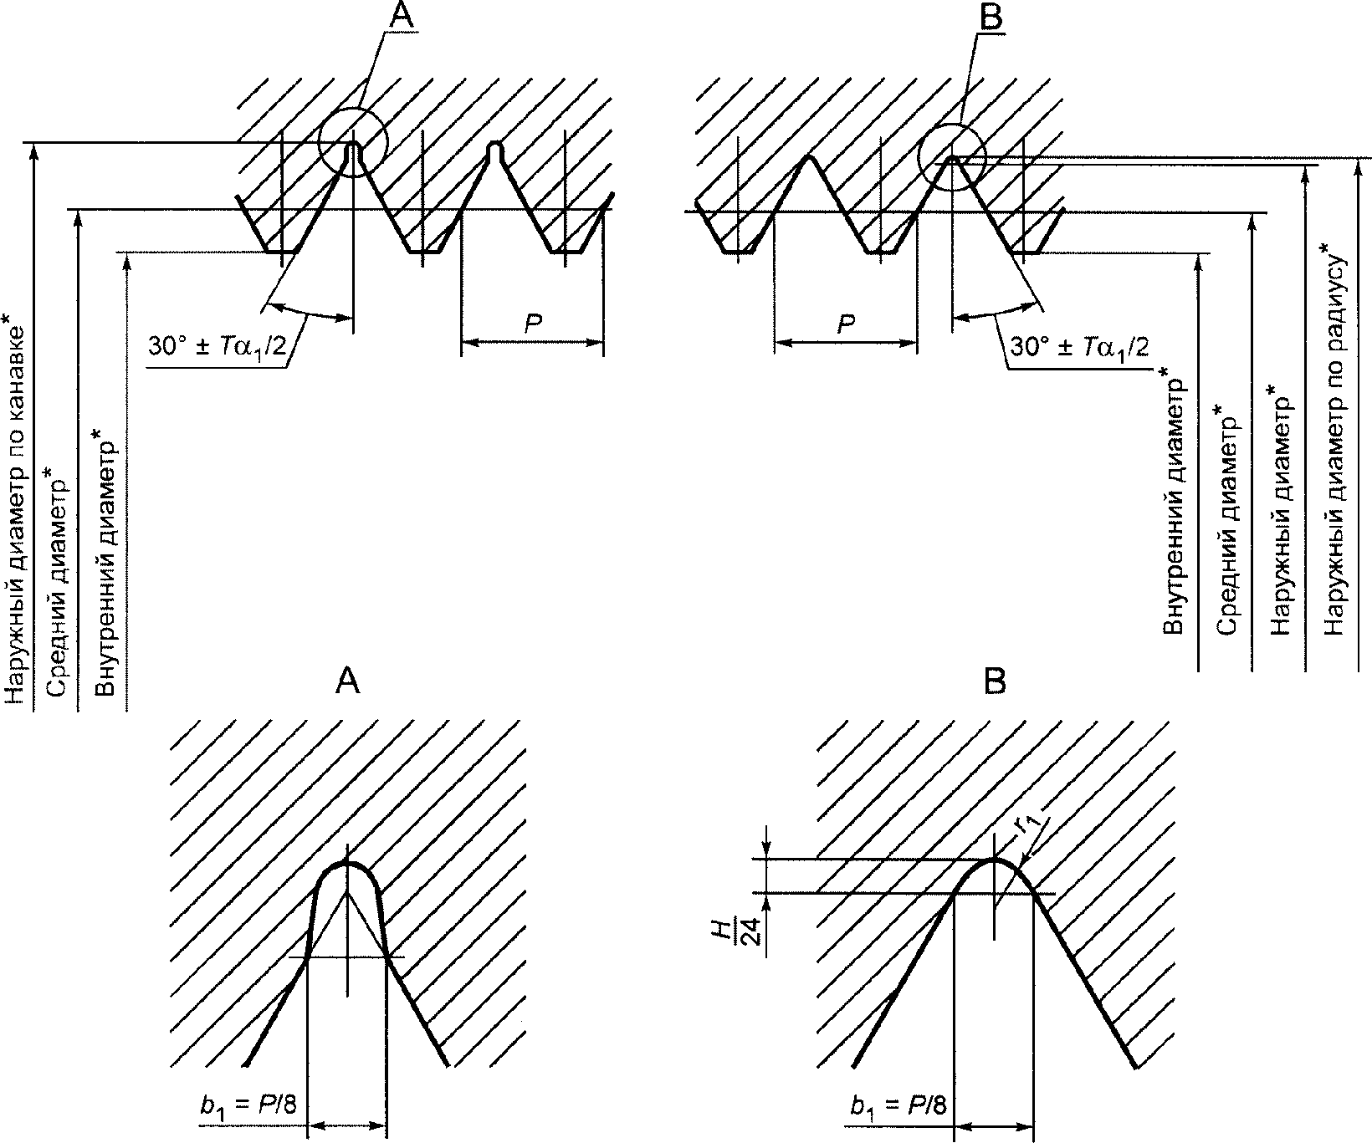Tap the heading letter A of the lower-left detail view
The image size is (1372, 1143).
347,682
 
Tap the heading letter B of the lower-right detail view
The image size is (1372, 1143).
995,682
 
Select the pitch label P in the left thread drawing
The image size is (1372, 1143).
533,325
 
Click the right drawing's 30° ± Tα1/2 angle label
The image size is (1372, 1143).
1079,348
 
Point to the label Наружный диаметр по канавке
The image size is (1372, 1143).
17,510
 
